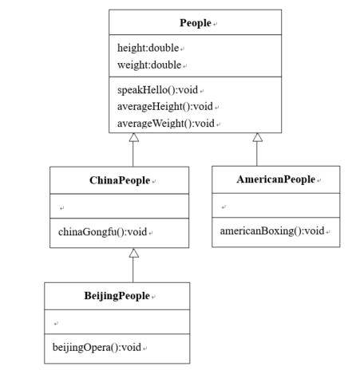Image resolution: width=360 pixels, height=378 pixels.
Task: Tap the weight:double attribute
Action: point(149,64)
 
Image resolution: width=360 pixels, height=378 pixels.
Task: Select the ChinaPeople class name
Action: point(119,181)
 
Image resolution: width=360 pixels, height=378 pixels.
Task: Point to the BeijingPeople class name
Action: point(117,296)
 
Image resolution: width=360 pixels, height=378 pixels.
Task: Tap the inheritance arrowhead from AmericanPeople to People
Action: point(257,139)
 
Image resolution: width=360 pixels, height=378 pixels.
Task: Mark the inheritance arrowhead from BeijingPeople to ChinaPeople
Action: point(133,253)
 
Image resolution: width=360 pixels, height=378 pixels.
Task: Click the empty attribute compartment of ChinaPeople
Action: point(119,207)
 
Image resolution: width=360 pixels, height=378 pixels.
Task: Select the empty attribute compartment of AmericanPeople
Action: point(275,207)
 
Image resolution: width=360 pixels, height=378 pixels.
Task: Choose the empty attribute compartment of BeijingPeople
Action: point(117,322)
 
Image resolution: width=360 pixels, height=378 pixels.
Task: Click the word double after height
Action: point(164,48)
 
